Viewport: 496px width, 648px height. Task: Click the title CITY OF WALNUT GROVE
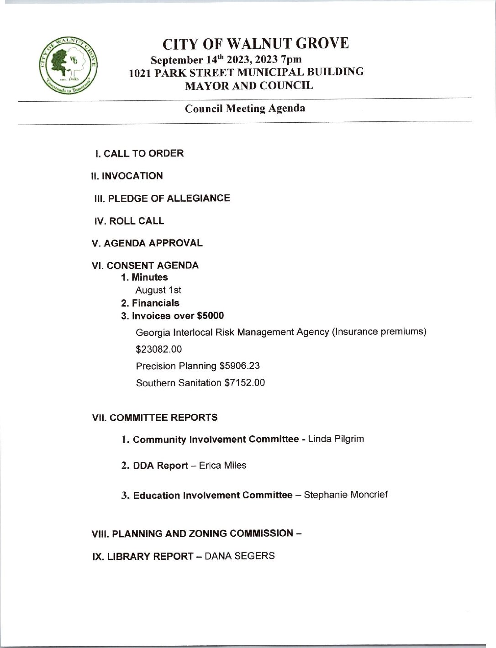tap(256, 43)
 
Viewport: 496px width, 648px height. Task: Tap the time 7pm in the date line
tap(290, 59)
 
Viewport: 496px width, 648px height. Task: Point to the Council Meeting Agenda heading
tap(245, 109)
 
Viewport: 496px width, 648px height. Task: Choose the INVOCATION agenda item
tap(127, 176)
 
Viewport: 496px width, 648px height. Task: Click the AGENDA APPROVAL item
tap(147, 243)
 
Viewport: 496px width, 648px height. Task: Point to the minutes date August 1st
tap(158, 290)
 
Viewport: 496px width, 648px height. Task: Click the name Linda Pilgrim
tap(336, 439)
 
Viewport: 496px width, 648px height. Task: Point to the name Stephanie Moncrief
tap(346, 495)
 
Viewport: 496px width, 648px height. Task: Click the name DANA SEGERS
tap(240, 556)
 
